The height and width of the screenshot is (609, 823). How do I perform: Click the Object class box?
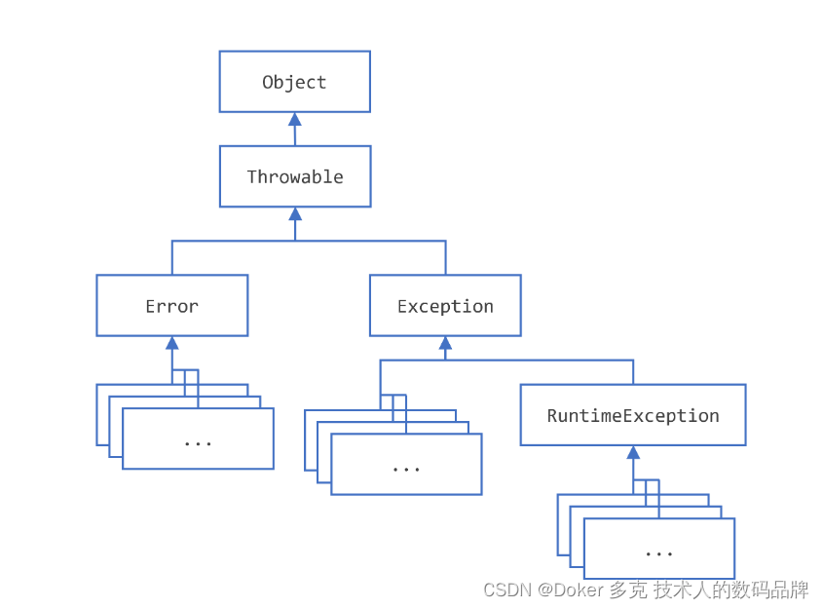click(294, 82)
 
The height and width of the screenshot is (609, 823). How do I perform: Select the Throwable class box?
click(294, 176)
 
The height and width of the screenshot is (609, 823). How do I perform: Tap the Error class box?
click(171, 306)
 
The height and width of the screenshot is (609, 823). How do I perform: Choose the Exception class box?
click(445, 306)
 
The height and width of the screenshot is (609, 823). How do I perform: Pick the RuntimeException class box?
click(632, 415)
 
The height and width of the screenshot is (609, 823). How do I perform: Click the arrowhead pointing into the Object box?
click(294, 120)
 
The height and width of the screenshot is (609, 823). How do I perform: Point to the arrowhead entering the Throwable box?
click(294, 214)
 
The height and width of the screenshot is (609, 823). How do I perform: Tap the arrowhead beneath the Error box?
click(171, 343)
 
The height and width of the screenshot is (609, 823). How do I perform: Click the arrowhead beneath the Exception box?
click(445, 343)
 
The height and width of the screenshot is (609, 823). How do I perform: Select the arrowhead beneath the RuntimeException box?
click(633, 453)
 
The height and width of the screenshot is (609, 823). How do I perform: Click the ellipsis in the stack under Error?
click(198, 442)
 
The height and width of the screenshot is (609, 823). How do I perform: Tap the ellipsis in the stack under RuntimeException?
click(658, 552)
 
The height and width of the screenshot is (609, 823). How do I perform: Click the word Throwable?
click(294, 176)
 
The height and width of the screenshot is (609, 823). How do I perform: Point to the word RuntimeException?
click(632, 416)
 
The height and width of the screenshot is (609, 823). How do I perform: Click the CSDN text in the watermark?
click(505, 590)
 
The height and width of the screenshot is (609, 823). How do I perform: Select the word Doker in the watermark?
click(580, 590)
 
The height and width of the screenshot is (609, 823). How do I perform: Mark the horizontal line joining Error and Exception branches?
click(309, 241)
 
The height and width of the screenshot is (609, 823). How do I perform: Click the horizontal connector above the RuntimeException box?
click(545, 361)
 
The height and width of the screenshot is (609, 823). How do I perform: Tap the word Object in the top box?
click(294, 83)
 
